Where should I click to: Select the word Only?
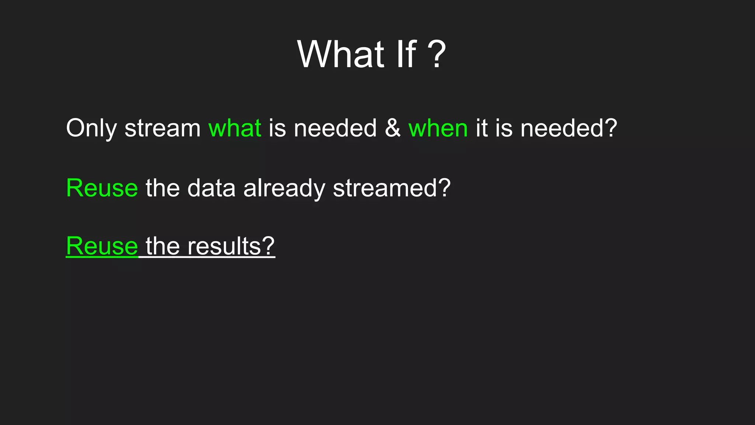point(91,128)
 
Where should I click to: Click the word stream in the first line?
point(163,128)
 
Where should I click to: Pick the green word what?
point(235,128)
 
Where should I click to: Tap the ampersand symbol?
point(393,128)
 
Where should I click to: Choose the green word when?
point(438,128)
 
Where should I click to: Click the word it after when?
point(481,128)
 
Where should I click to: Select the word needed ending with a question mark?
point(568,128)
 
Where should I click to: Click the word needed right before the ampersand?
point(335,128)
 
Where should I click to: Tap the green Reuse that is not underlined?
point(102,188)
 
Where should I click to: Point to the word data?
point(211,188)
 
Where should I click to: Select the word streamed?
point(391,188)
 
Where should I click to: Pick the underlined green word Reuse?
point(102,246)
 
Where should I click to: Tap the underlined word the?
point(163,246)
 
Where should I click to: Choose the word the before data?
point(163,188)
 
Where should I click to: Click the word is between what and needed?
point(277,128)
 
